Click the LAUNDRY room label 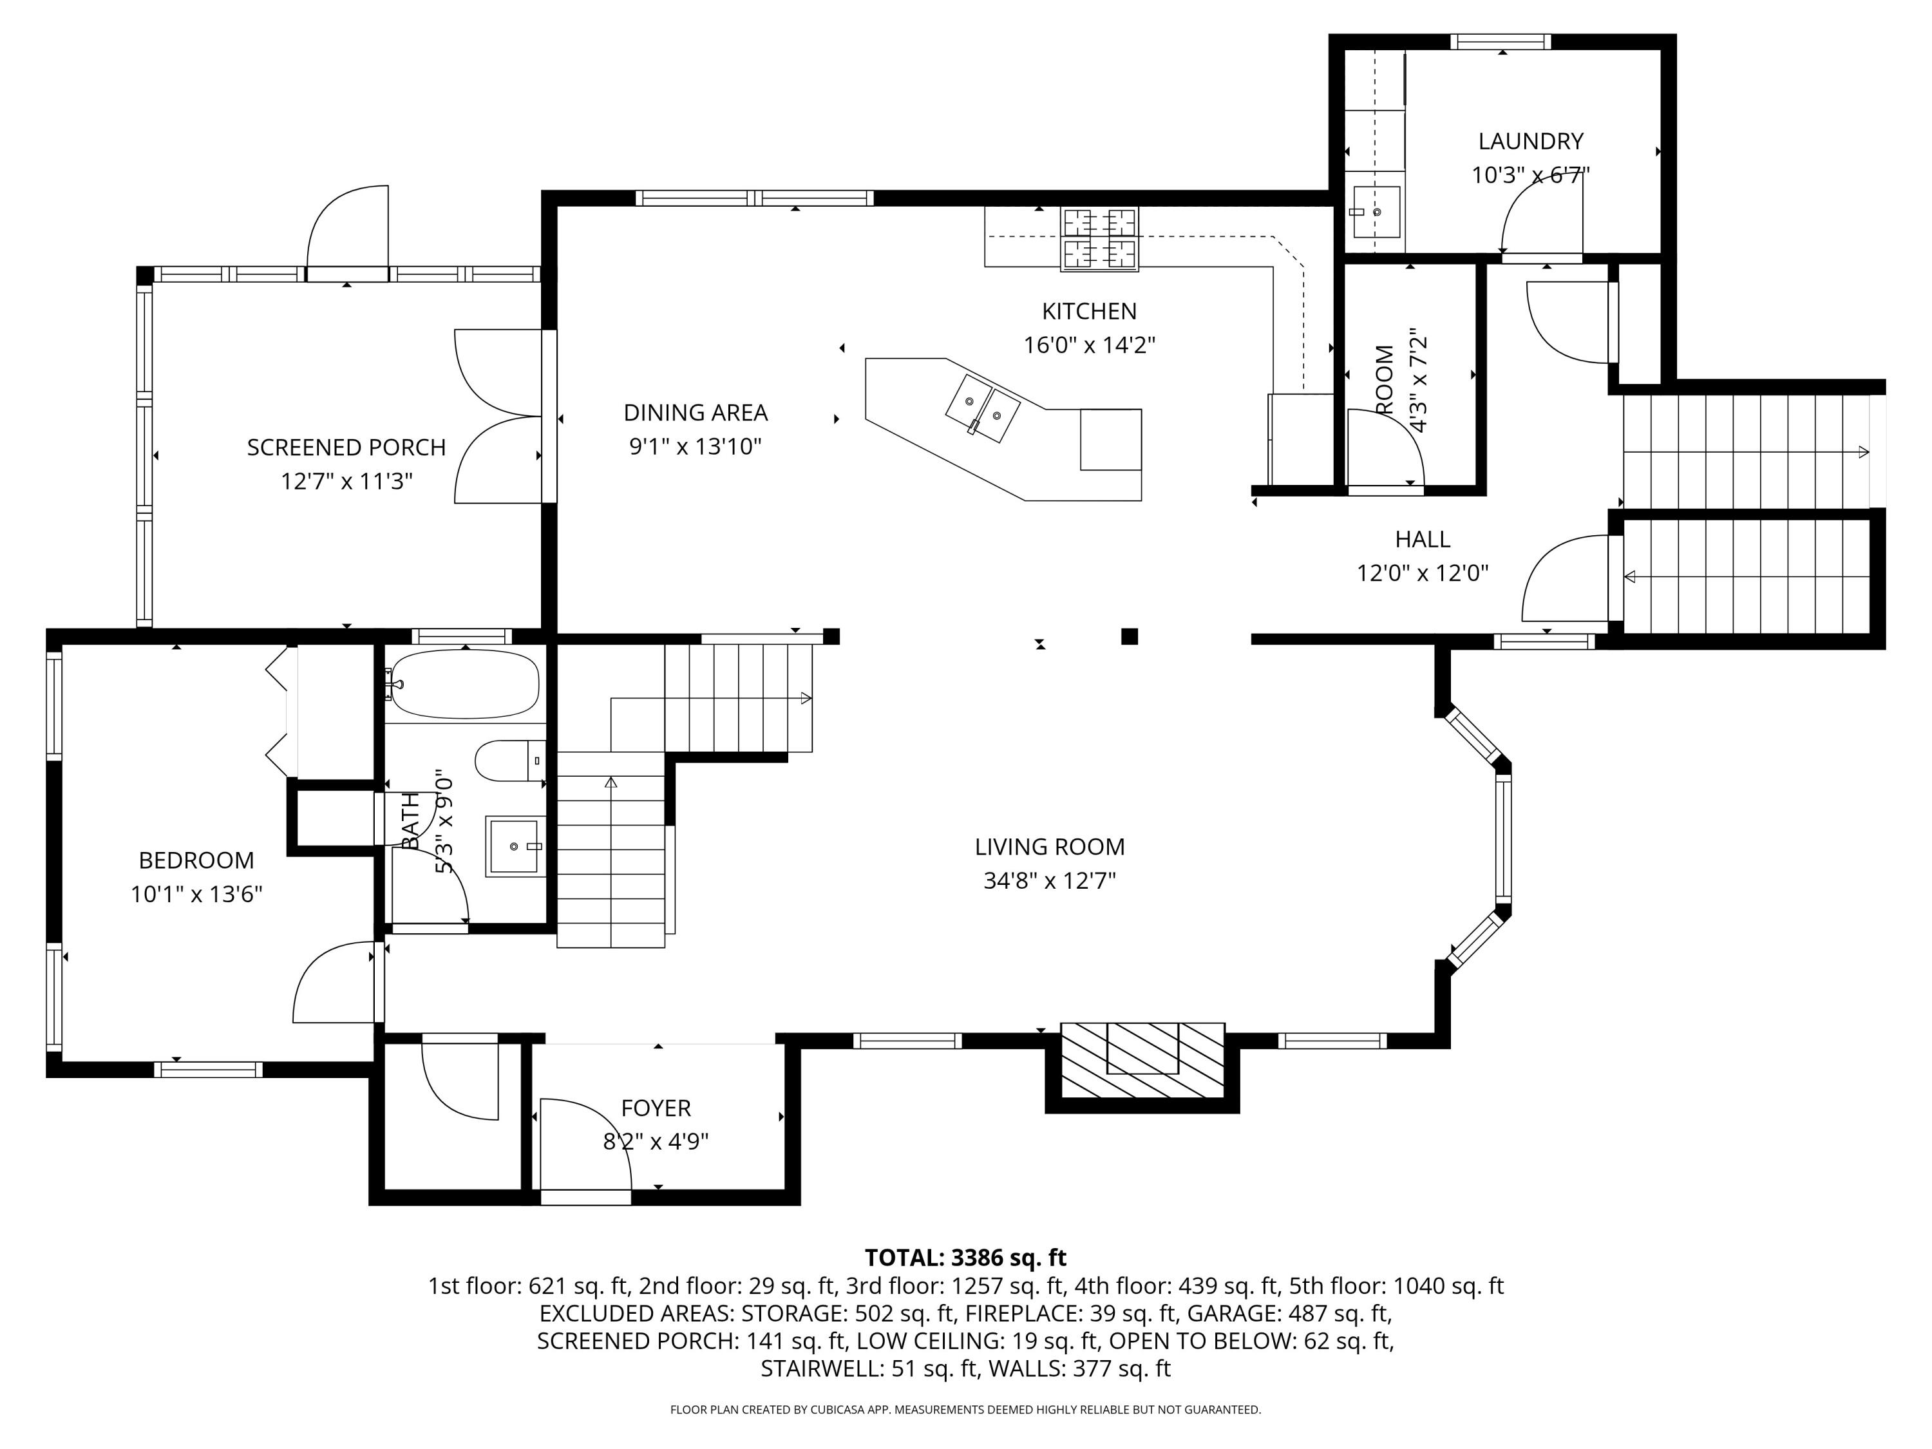tap(1530, 140)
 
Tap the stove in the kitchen tap(1100, 238)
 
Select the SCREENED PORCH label tap(346, 447)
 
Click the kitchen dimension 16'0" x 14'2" tap(1089, 345)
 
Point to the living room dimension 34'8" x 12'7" tap(1049, 880)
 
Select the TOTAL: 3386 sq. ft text tap(965, 1258)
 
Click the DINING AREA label tap(696, 412)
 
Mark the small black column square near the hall tap(1130, 636)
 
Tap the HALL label tap(1422, 539)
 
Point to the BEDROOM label tap(196, 860)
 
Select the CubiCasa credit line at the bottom tap(965, 1410)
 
